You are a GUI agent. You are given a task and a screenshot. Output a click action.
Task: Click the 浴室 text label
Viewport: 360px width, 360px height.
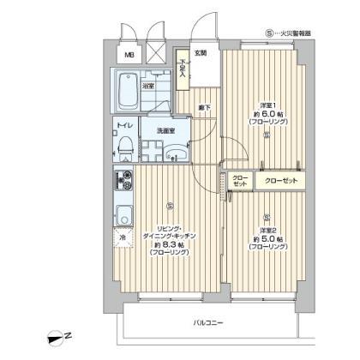(x=147, y=87)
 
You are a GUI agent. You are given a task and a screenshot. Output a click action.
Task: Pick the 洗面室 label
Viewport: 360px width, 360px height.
(x=165, y=130)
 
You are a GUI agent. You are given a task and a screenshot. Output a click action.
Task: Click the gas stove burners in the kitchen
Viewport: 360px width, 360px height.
(x=121, y=182)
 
